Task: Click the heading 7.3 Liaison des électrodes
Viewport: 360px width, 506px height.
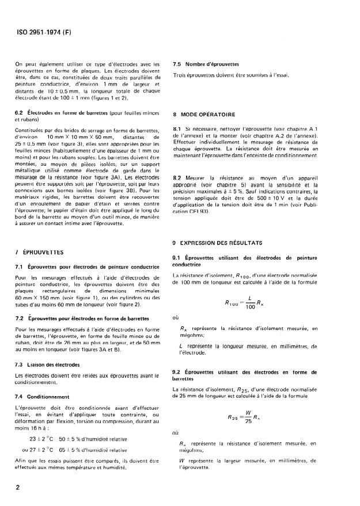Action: (49, 366)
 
